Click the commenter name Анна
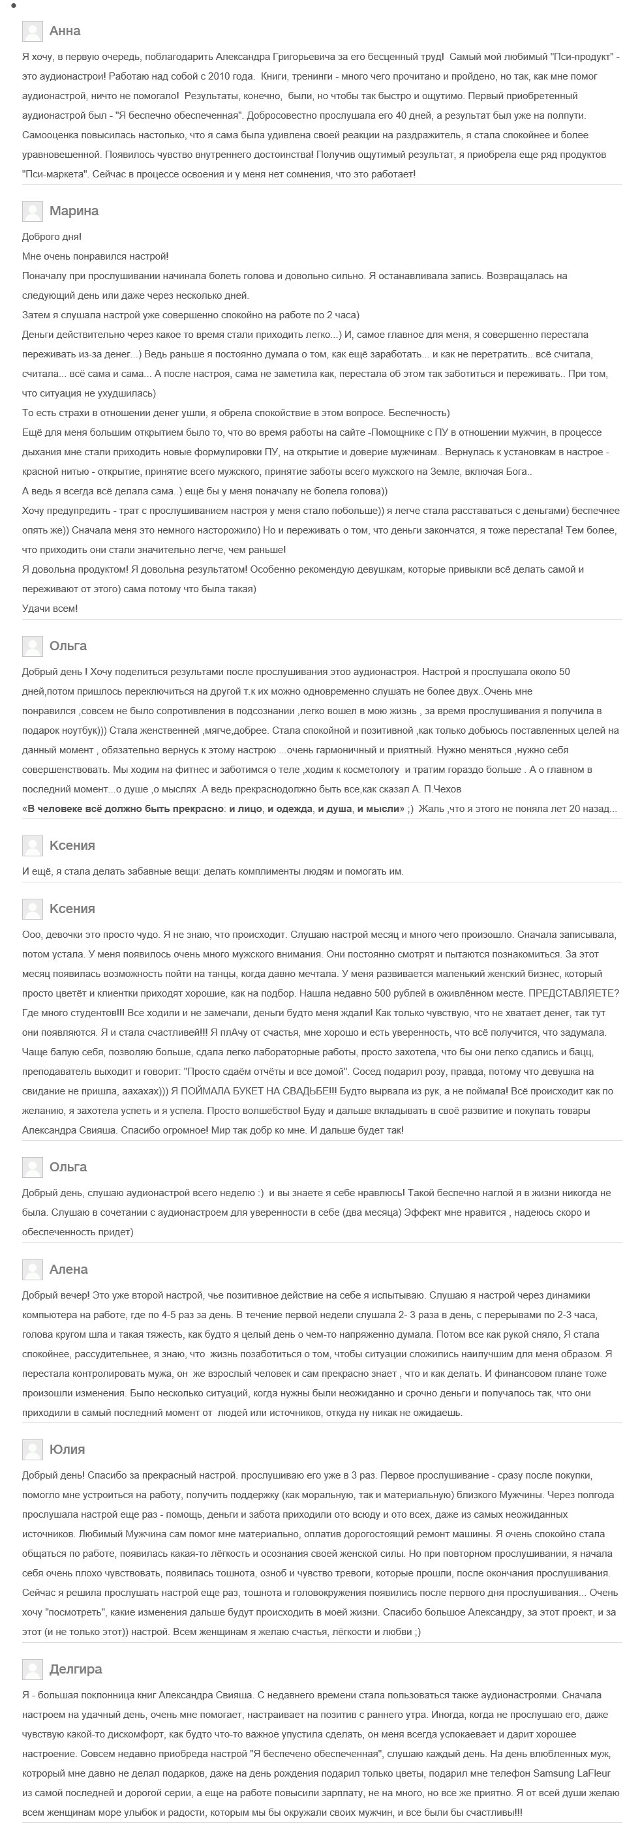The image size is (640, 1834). coord(65,31)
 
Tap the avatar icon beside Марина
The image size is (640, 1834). coord(32,211)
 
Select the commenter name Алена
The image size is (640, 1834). coord(69,1269)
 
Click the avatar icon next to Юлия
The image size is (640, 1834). coord(32,1449)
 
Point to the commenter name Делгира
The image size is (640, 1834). coord(76,1669)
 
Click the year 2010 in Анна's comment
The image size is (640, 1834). coord(241,76)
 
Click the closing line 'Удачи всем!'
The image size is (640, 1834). coord(50,609)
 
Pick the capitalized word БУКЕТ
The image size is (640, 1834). coord(265,1090)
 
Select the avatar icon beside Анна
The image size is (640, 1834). coord(32,31)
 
